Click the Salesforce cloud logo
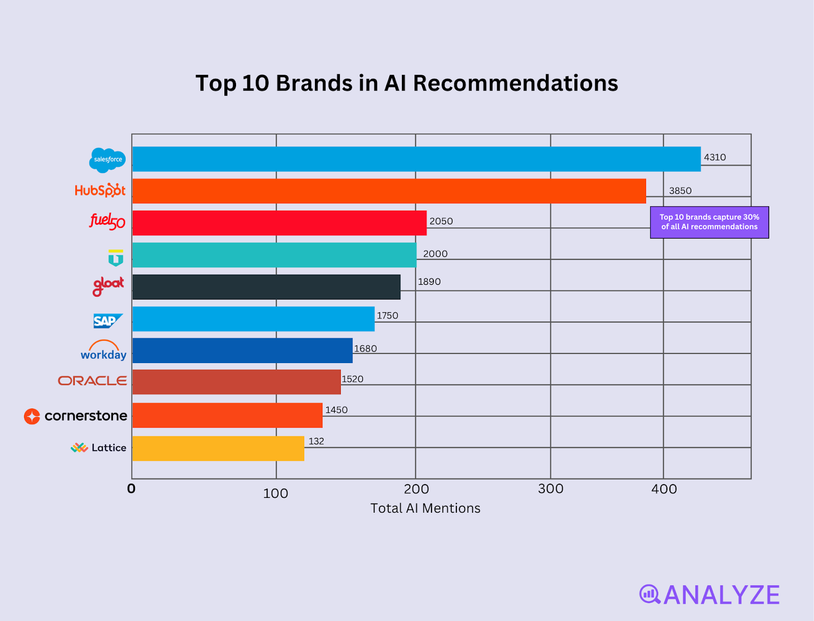(x=107, y=160)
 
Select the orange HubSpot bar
(x=389, y=191)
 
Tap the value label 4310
(x=714, y=158)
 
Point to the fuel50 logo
(x=107, y=221)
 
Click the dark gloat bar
(x=266, y=287)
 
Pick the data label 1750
(x=387, y=316)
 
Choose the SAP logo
(x=107, y=321)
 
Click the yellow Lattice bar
(x=218, y=449)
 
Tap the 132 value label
(x=316, y=441)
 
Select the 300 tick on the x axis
(x=550, y=489)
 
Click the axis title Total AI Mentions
(x=425, y=509)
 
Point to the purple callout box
(x=709, y=222)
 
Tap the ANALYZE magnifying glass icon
(x=650, y=595)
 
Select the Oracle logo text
(x=93, y=381)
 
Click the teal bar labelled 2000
(x=274, y=255)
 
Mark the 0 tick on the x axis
(x=131, y=489)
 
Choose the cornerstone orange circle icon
(x=32, y=417)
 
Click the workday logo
(x=104, y=351)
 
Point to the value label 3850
(x=680, y=191)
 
